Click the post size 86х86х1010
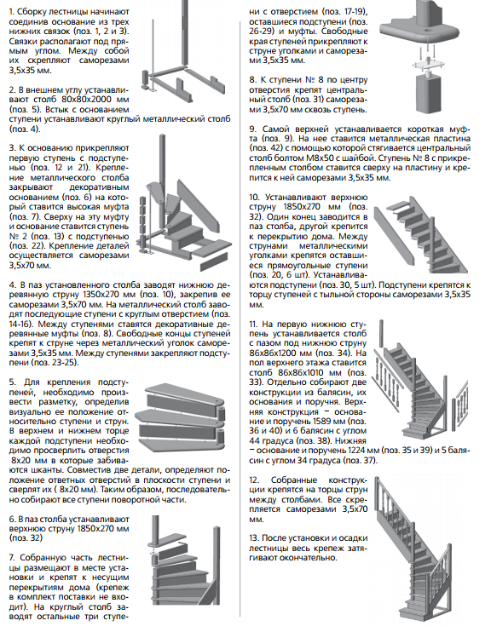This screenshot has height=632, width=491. click(x=309, y=373)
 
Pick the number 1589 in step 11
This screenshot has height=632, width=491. click(x=324, y=422)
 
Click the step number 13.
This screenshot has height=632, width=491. click(x=254, y=538)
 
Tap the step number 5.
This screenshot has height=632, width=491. click(x=12, y=382)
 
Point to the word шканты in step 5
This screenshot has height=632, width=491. click(x=48, y=470)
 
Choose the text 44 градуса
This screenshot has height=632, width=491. click(x=272, y=441)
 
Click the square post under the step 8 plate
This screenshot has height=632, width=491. click(x=429, y=93)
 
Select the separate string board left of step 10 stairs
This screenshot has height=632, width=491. click(x=394, y=234)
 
